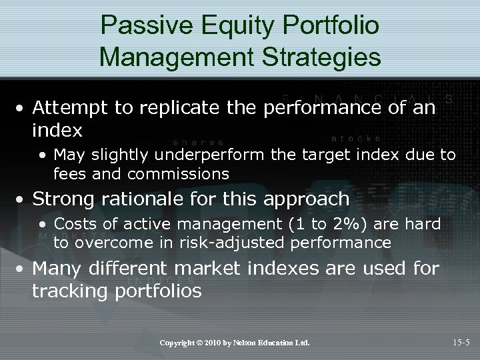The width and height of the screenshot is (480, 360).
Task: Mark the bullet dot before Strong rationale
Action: point(23,199)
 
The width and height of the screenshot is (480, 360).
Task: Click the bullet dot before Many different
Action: point(23,269)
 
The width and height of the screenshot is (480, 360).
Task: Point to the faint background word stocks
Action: point(356,139)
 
